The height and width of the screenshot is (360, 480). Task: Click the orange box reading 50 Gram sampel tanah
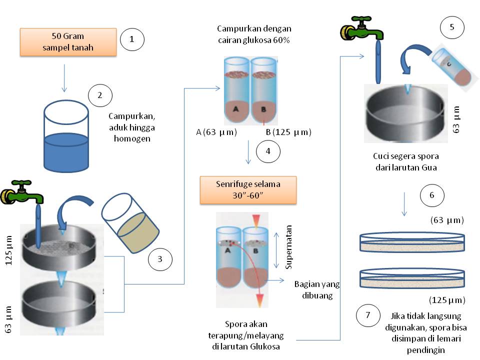tap(68, 42)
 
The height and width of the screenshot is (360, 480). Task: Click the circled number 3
tap(160, 259)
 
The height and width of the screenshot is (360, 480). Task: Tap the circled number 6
tap(432, 196)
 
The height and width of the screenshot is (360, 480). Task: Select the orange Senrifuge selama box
tap(248, 189)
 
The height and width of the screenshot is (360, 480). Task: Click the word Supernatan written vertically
tap(288, 250)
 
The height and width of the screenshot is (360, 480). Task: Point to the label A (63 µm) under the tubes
tap(216, 132)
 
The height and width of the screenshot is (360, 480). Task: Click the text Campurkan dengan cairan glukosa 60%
tap(254, 34)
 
